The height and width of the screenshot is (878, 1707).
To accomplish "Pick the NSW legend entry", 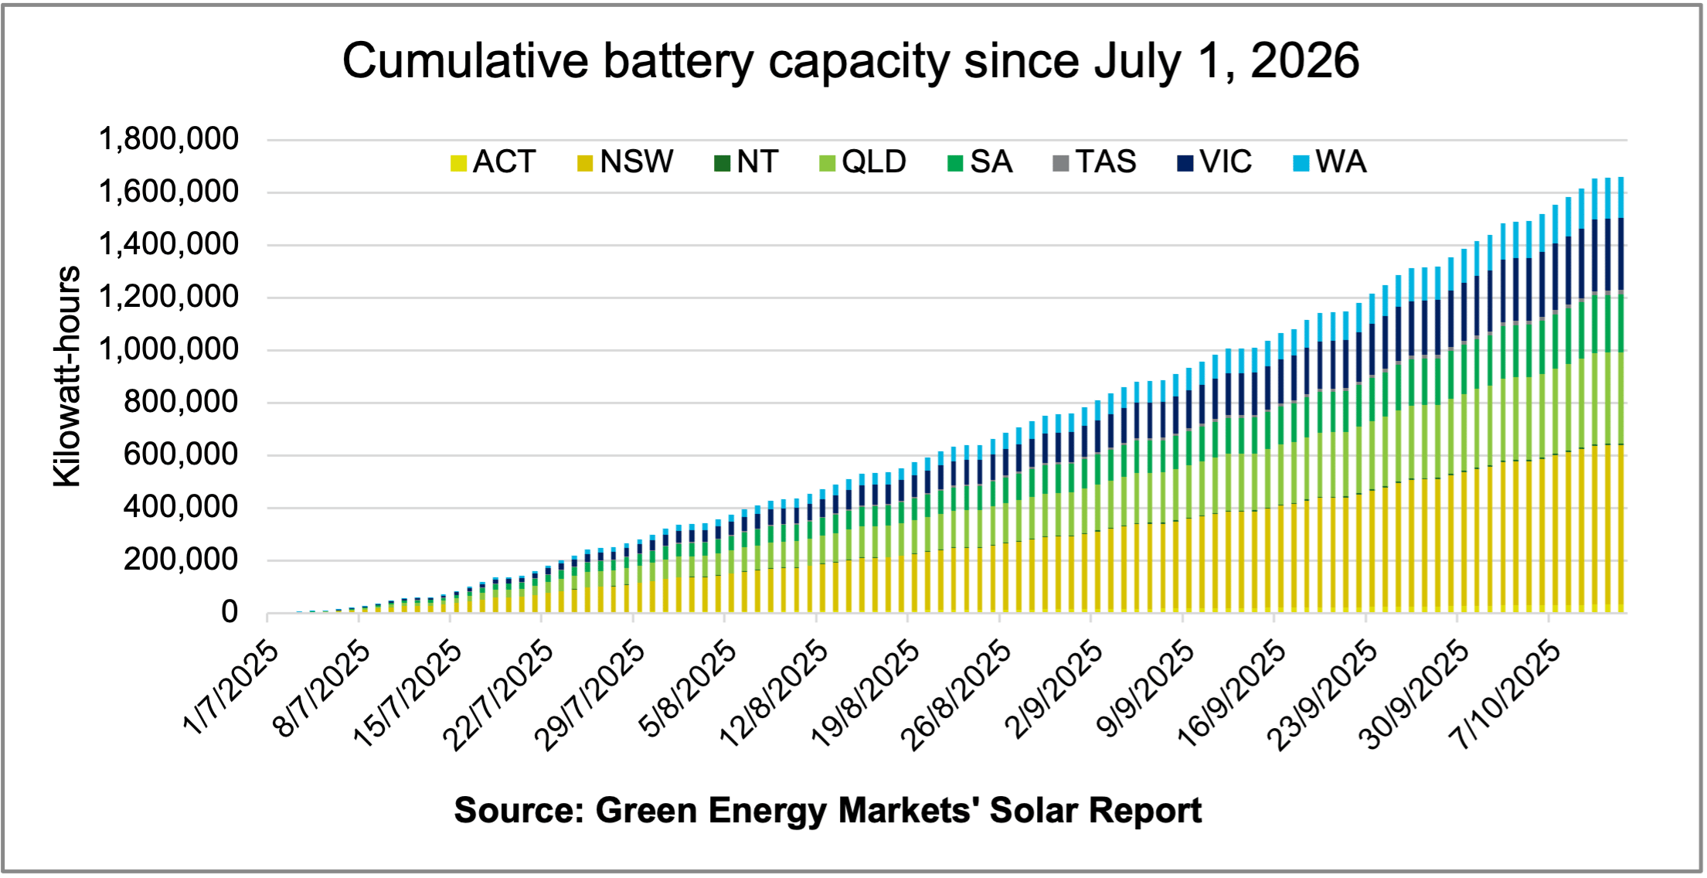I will pos(625,162).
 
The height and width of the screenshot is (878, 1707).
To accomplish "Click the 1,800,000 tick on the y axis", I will pos(168,140).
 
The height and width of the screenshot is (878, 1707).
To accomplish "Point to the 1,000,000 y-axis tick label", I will pos(168,350).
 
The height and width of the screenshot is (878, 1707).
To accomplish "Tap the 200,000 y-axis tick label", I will pos(181,560).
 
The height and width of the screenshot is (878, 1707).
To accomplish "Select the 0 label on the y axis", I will pos(230,613).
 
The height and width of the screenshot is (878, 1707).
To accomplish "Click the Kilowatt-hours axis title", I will pos(67,376).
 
